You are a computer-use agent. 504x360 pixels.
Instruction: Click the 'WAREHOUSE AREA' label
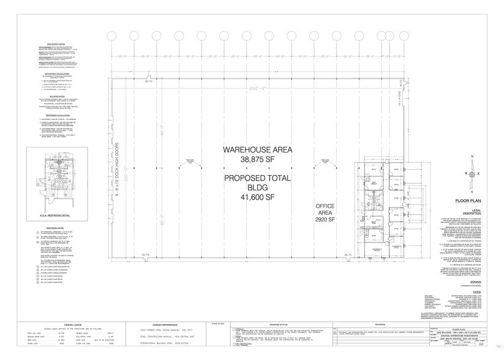click(x=257, y=149)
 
